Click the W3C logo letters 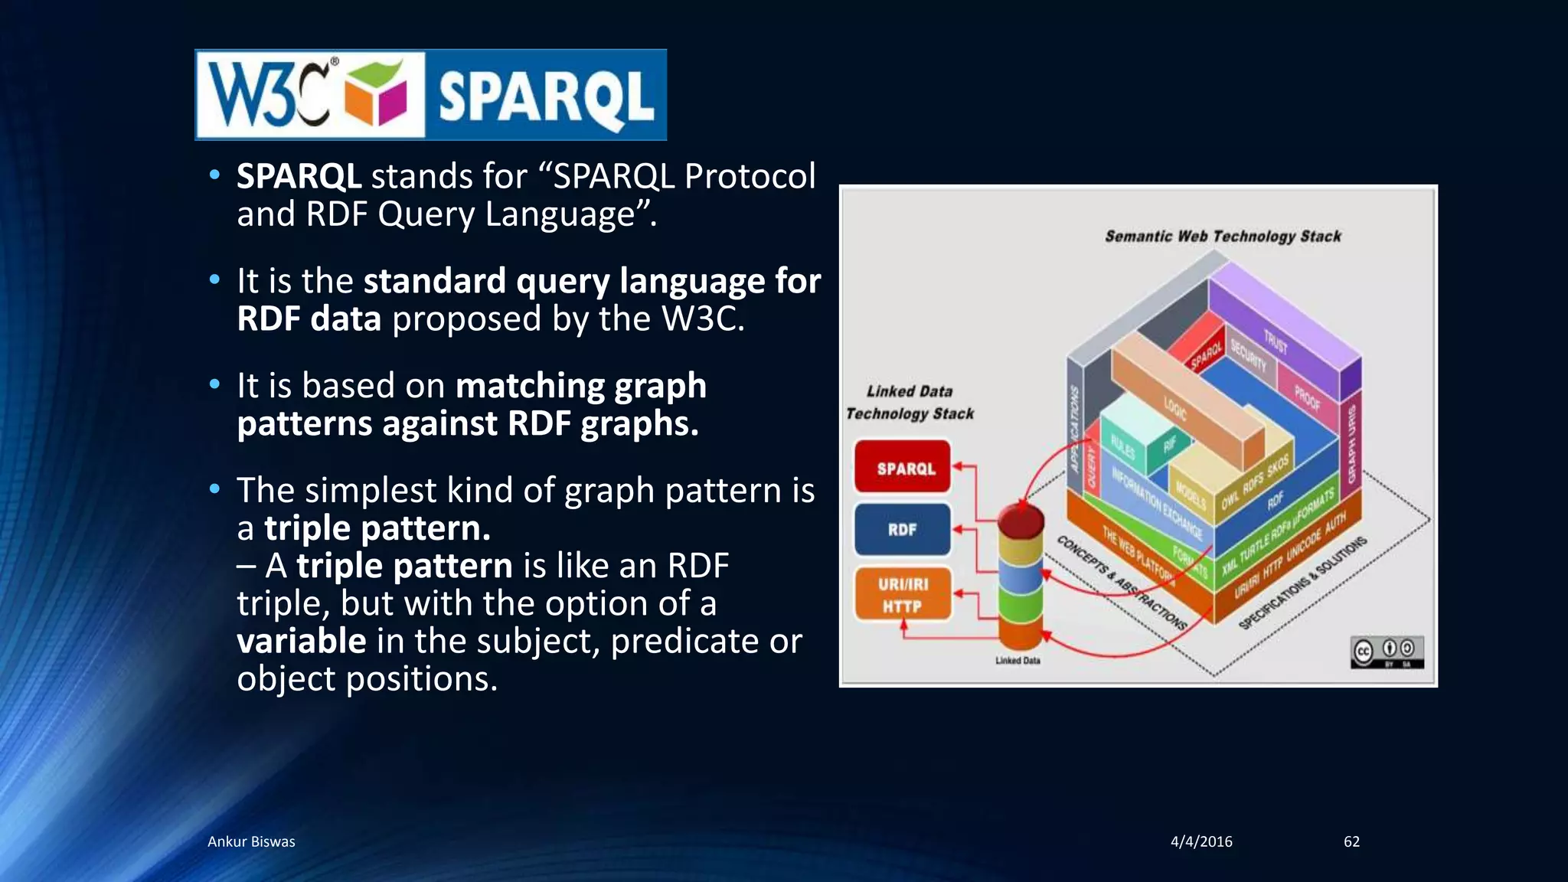[268, 95]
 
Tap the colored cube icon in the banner [375, 95]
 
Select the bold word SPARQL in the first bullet [299, 176]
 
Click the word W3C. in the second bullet [703, 318]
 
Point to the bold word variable [301, 641]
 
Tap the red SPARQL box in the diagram [903, 467]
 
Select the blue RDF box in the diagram [903, 529]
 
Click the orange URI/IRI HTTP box [903, 595]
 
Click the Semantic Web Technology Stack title [1223, 237]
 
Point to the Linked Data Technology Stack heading [910, 403]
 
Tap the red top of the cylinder [1021, 520]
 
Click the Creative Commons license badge [1387, 652]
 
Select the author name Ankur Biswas [251, 841]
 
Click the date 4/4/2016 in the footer [1201, 841]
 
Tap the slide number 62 [1351, 841]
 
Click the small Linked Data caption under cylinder [1018, 661]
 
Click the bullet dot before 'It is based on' [215, 384]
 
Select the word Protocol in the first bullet [750, 176]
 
